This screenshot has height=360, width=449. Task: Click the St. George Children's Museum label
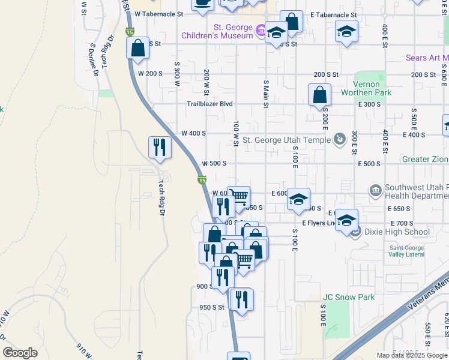point(217,31)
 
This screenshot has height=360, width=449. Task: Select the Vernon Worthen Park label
point(366,88)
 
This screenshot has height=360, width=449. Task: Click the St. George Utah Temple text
point(286,140)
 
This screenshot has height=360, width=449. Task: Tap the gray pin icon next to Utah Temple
point(339,139)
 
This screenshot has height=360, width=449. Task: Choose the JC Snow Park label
point(349,297)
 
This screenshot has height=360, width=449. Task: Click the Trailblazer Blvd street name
point(209,104)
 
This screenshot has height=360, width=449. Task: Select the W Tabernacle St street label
point(158,13)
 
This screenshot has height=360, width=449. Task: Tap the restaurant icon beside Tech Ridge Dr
point(159,147)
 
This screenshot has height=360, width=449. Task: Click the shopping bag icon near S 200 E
point(319,94)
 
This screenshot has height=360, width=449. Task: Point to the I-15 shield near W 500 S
point(202,180)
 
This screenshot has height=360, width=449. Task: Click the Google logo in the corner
point(20,353)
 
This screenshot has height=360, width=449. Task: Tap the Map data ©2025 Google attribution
point(411,355)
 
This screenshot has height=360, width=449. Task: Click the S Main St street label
point(265,91)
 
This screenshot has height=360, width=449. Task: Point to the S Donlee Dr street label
point(94,59)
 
